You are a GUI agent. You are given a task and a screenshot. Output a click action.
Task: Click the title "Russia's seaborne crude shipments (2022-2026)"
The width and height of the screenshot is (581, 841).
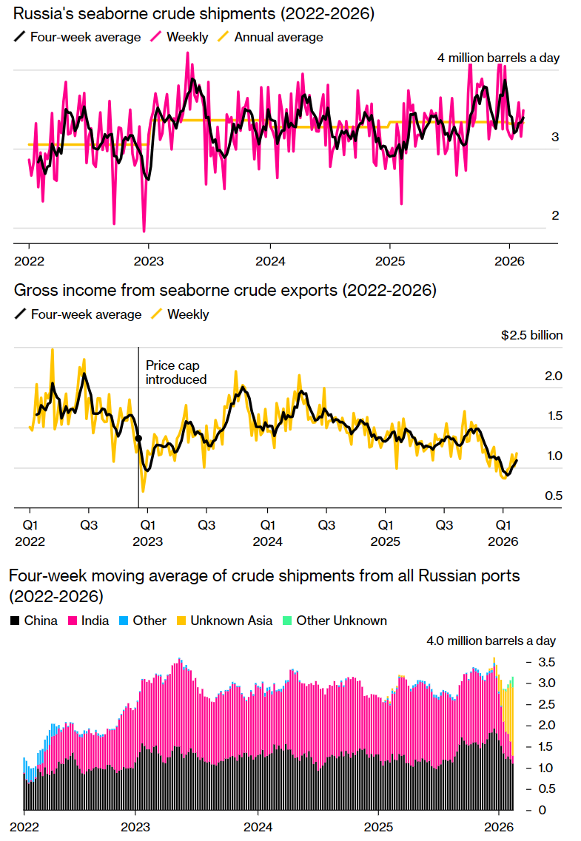pyautogui.click(x=193, y=14)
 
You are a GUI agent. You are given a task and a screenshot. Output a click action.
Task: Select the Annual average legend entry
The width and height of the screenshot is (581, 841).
pyautogui.click(x=278, y=36)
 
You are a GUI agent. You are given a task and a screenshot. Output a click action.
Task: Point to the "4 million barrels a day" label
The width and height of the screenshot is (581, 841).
pyautogui.click(x=498, y=58)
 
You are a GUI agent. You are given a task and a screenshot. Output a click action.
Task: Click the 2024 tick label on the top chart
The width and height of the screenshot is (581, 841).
pyautogui.click(x=269, y=261)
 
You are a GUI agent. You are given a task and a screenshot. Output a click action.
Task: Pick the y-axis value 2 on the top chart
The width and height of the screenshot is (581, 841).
pyautogui.click(x=554, y=216)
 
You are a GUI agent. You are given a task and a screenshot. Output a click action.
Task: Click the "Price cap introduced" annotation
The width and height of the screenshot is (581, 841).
pyautogui.click(x=175, y=372)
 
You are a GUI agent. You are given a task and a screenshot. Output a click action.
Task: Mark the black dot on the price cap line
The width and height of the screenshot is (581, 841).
pyautogui.click(x=138, y=439)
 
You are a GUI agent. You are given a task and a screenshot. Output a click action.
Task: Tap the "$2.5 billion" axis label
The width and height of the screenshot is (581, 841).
pyautogui.click(x=531, y=335)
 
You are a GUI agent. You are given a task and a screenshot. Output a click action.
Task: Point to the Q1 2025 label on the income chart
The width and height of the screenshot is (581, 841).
pyautogui.click(x=385, y=532)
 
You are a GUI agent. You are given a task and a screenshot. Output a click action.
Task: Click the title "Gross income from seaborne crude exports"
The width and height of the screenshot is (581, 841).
pyautogui.click(x=225, y=291)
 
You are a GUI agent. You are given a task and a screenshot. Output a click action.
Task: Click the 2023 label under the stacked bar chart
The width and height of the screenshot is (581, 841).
pyautogui.click(x=135, y=826)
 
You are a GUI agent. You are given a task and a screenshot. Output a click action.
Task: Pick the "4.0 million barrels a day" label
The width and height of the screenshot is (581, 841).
pyautogui.click(x=491, y=641)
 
